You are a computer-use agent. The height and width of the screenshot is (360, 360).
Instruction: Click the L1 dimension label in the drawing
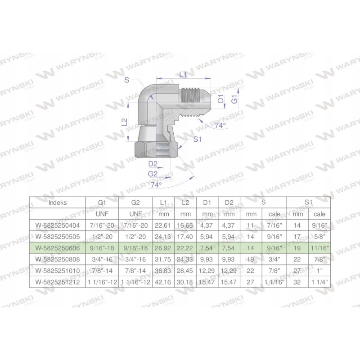point(183,75)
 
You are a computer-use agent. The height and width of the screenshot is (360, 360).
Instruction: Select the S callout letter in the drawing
point(127,80)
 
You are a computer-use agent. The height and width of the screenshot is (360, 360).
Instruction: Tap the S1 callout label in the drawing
point(197,139)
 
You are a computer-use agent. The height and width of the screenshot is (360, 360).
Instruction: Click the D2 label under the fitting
point(153,163)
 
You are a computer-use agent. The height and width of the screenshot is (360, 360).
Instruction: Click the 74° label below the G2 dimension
point(156,184)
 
